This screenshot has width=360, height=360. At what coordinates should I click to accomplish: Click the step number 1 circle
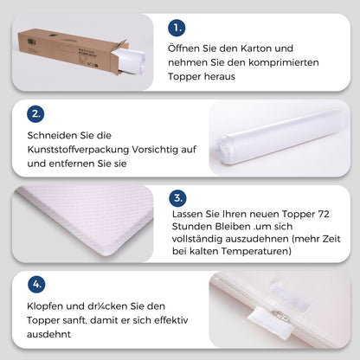coord(177,27)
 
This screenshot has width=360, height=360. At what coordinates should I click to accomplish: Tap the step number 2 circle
coord(36,112)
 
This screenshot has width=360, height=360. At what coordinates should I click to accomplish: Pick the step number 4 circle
coord(36,284)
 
